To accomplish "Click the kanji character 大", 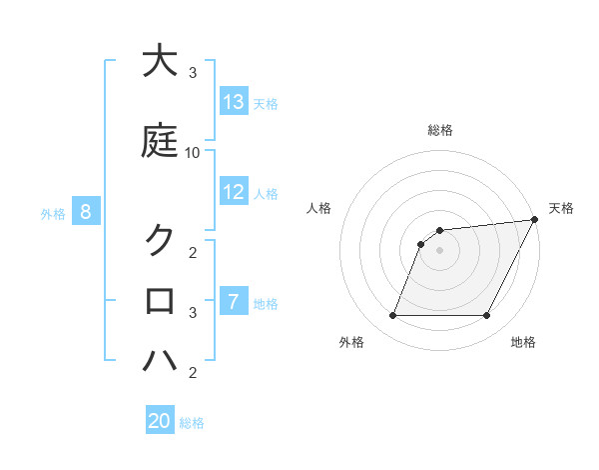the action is (160, 61).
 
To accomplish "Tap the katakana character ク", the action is (160, 240).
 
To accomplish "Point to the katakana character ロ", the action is (160, 299).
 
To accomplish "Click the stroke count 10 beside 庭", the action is (193, 153).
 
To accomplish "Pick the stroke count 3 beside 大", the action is (193, 73).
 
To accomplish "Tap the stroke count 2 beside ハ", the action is (193, 373).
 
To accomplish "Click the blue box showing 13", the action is (234, 102).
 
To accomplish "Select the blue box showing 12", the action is (234, 192).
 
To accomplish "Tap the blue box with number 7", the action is (234, 302).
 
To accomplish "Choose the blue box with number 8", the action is (86, 211).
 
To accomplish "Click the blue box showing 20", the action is (160, 421).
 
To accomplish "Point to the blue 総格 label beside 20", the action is (192, 423).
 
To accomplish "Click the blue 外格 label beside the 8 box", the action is (53, 213).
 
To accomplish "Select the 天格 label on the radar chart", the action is (561, 208).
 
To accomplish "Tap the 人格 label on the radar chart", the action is (318, 208).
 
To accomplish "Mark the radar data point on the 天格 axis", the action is (536, 220).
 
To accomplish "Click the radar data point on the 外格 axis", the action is (392, 316).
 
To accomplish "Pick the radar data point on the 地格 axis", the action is (486, 316).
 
